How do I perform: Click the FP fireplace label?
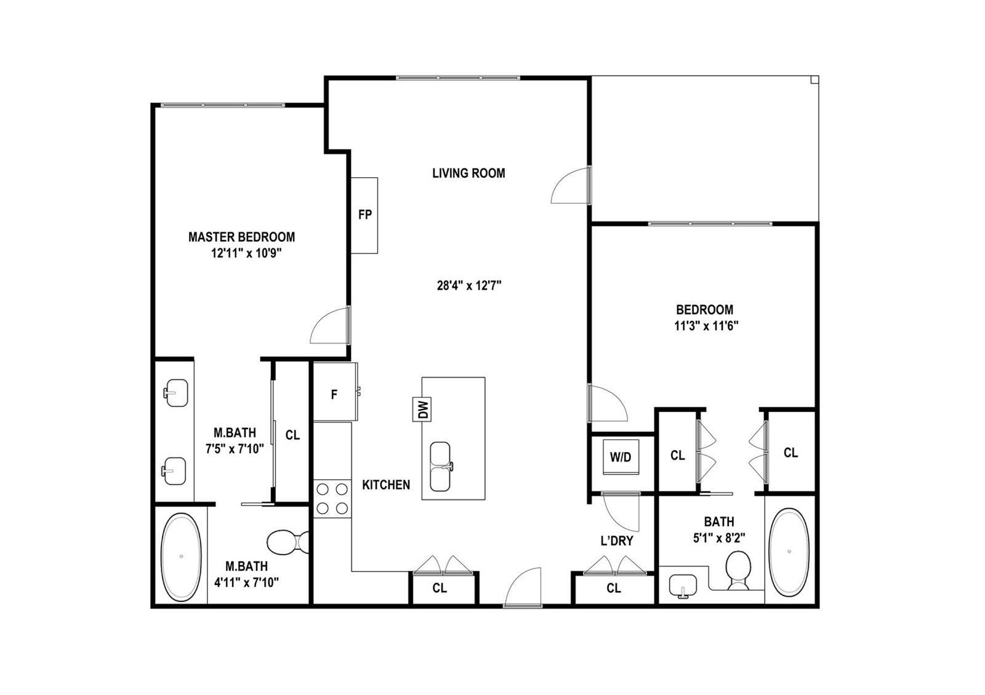coord(365,215)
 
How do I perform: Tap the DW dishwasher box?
coord(422,410)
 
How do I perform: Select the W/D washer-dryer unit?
coord(621,457)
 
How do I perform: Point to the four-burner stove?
coord(332,499)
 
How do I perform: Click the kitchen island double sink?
coord(440,467)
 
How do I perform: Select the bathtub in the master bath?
coord(181,557)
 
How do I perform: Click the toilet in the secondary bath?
coord(738,570)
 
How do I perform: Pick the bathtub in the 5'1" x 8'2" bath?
coord(789,552)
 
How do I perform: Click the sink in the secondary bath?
coord(683,586)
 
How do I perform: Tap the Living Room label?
coord(468,173)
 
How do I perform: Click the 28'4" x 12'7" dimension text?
coord(469,286)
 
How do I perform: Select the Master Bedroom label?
coord(241,237)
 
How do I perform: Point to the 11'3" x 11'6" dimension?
coord(706,326)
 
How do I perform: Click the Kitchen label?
coord(386,485)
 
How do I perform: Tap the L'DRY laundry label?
coord(617,541)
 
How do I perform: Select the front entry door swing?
coord(523,587)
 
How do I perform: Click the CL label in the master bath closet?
coord(292,435)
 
